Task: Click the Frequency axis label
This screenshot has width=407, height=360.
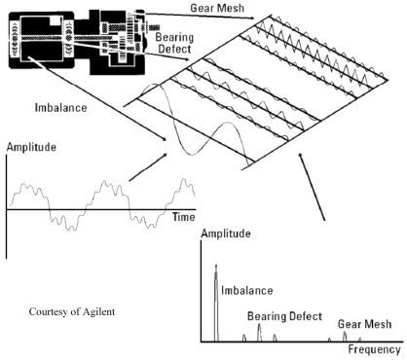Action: [375, 349]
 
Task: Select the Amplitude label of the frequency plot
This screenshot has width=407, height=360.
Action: [227, 235]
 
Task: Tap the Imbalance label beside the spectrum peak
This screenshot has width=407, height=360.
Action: [246, 288]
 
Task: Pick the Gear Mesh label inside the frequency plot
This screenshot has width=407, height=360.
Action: [361, 324]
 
